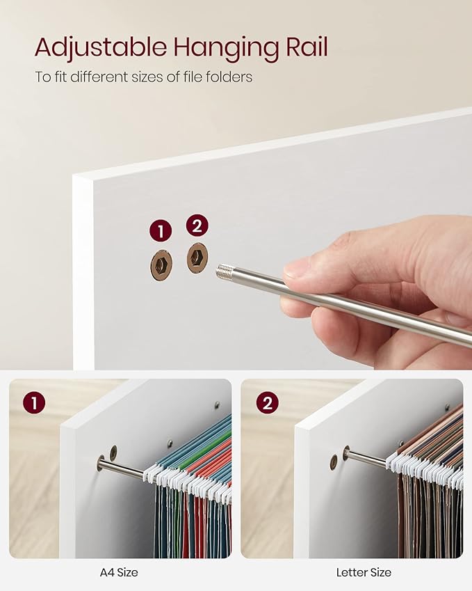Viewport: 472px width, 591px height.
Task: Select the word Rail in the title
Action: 307,47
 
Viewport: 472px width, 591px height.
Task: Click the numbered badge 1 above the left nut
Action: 161,230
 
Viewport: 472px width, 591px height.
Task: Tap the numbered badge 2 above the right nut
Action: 197,226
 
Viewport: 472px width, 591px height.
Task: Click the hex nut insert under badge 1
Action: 161,265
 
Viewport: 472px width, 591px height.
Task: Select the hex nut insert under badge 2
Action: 197,258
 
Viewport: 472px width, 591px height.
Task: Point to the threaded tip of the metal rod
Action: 225,271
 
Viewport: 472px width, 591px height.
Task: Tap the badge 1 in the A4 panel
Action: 34,402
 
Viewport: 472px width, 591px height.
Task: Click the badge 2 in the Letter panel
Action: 267,402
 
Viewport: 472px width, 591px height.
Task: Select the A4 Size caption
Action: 119,572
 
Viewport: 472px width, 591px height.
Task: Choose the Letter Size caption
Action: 364,572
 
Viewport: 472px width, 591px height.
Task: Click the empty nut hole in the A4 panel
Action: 113,452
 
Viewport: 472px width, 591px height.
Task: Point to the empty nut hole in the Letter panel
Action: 334,462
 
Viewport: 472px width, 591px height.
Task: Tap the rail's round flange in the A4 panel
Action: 101,463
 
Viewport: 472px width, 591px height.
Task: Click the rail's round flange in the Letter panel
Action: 346,453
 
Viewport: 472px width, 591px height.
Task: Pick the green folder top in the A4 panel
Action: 211,446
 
